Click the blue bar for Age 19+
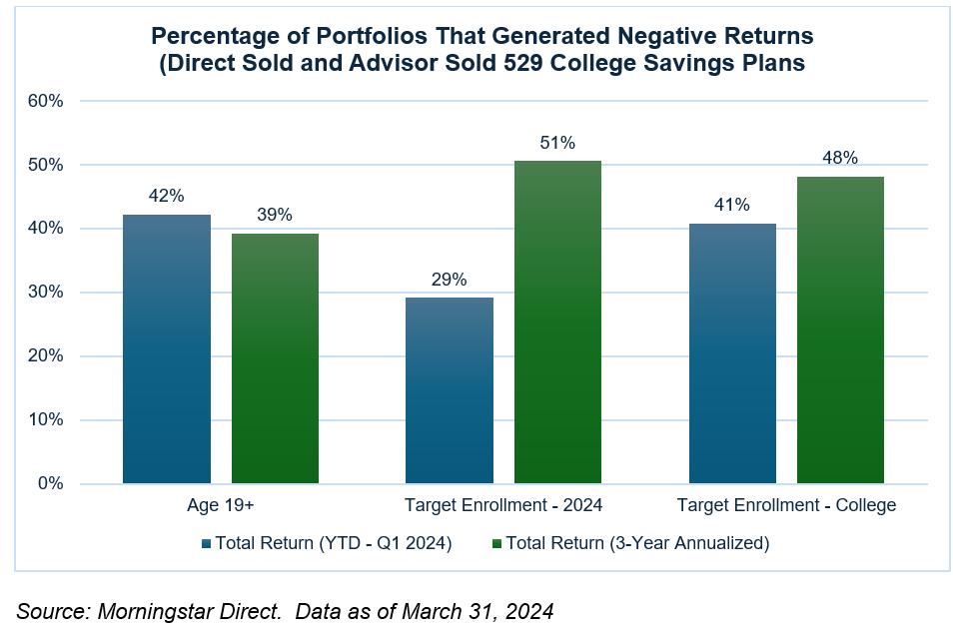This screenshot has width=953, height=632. pos(167,349)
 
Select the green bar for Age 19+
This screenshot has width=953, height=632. pos(275,358)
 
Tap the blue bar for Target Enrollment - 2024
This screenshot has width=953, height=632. pos(449,390)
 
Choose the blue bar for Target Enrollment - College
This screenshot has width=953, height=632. pos(732,353)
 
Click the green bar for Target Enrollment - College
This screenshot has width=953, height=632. pos(840,330)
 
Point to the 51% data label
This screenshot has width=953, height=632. pos(557,143)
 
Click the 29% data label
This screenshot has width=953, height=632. pos(449,280)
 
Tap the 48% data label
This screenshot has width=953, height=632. pos(840,158)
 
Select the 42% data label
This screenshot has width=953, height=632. pos(167,197)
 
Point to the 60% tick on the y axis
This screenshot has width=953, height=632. pos(47,101)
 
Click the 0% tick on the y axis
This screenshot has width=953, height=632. pos(51,484)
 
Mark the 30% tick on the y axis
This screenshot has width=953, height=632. pos(47,293)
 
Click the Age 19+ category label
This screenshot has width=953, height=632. pos(221,505)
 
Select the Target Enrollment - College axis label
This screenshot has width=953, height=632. pos(786,505)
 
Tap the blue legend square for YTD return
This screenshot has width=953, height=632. pos(207,543)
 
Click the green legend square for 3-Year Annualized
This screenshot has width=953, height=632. pos(497,543)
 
